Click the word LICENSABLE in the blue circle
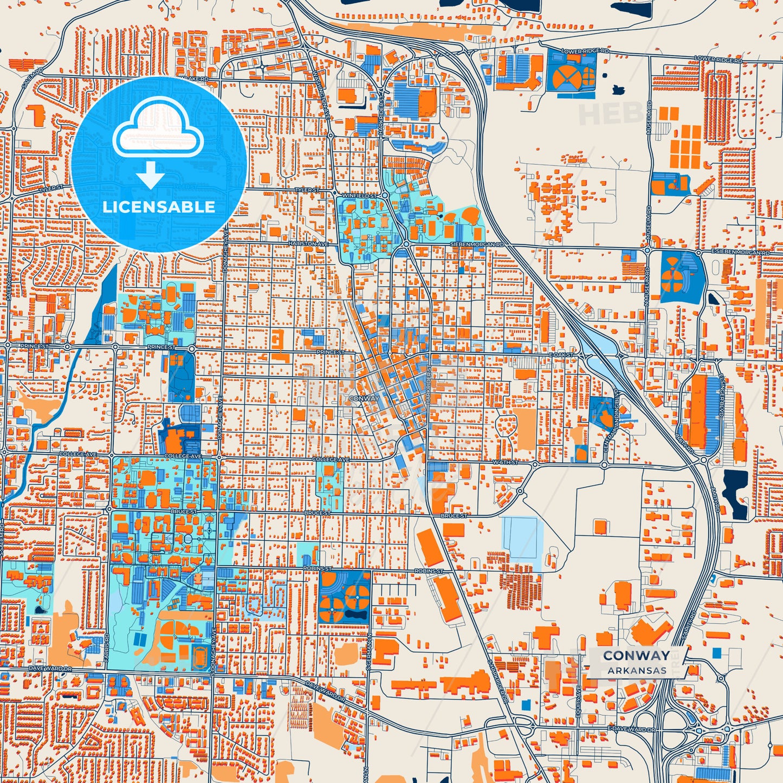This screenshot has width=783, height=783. tap(159, 207)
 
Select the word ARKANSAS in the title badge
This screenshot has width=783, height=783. tap(637, 670)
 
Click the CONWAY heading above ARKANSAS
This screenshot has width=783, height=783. tap(636, 656)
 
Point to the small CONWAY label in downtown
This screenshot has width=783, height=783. tap(364, 398)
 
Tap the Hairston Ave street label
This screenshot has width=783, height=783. tap(308, 244)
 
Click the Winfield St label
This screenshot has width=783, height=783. tap(359, 196)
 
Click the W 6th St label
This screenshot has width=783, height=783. tap(505, 463)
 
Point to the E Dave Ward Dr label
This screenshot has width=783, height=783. tap(631, 730)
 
